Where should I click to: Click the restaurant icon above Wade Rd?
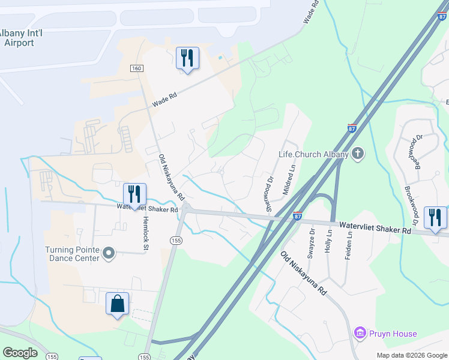click(187, 58)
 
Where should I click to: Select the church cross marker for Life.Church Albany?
click(358, 154)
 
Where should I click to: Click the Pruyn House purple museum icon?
click(360, 333)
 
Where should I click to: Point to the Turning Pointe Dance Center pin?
click(108, 254)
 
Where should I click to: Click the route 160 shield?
click(137, 69)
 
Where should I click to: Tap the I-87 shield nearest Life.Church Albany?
click(352, 128)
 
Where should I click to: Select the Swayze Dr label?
click(311, 241)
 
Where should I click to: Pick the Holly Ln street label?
click(328, 240)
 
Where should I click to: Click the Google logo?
click(20, 353)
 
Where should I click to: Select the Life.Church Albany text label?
click(313, 154)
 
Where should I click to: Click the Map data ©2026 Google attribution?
click(411, 355)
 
